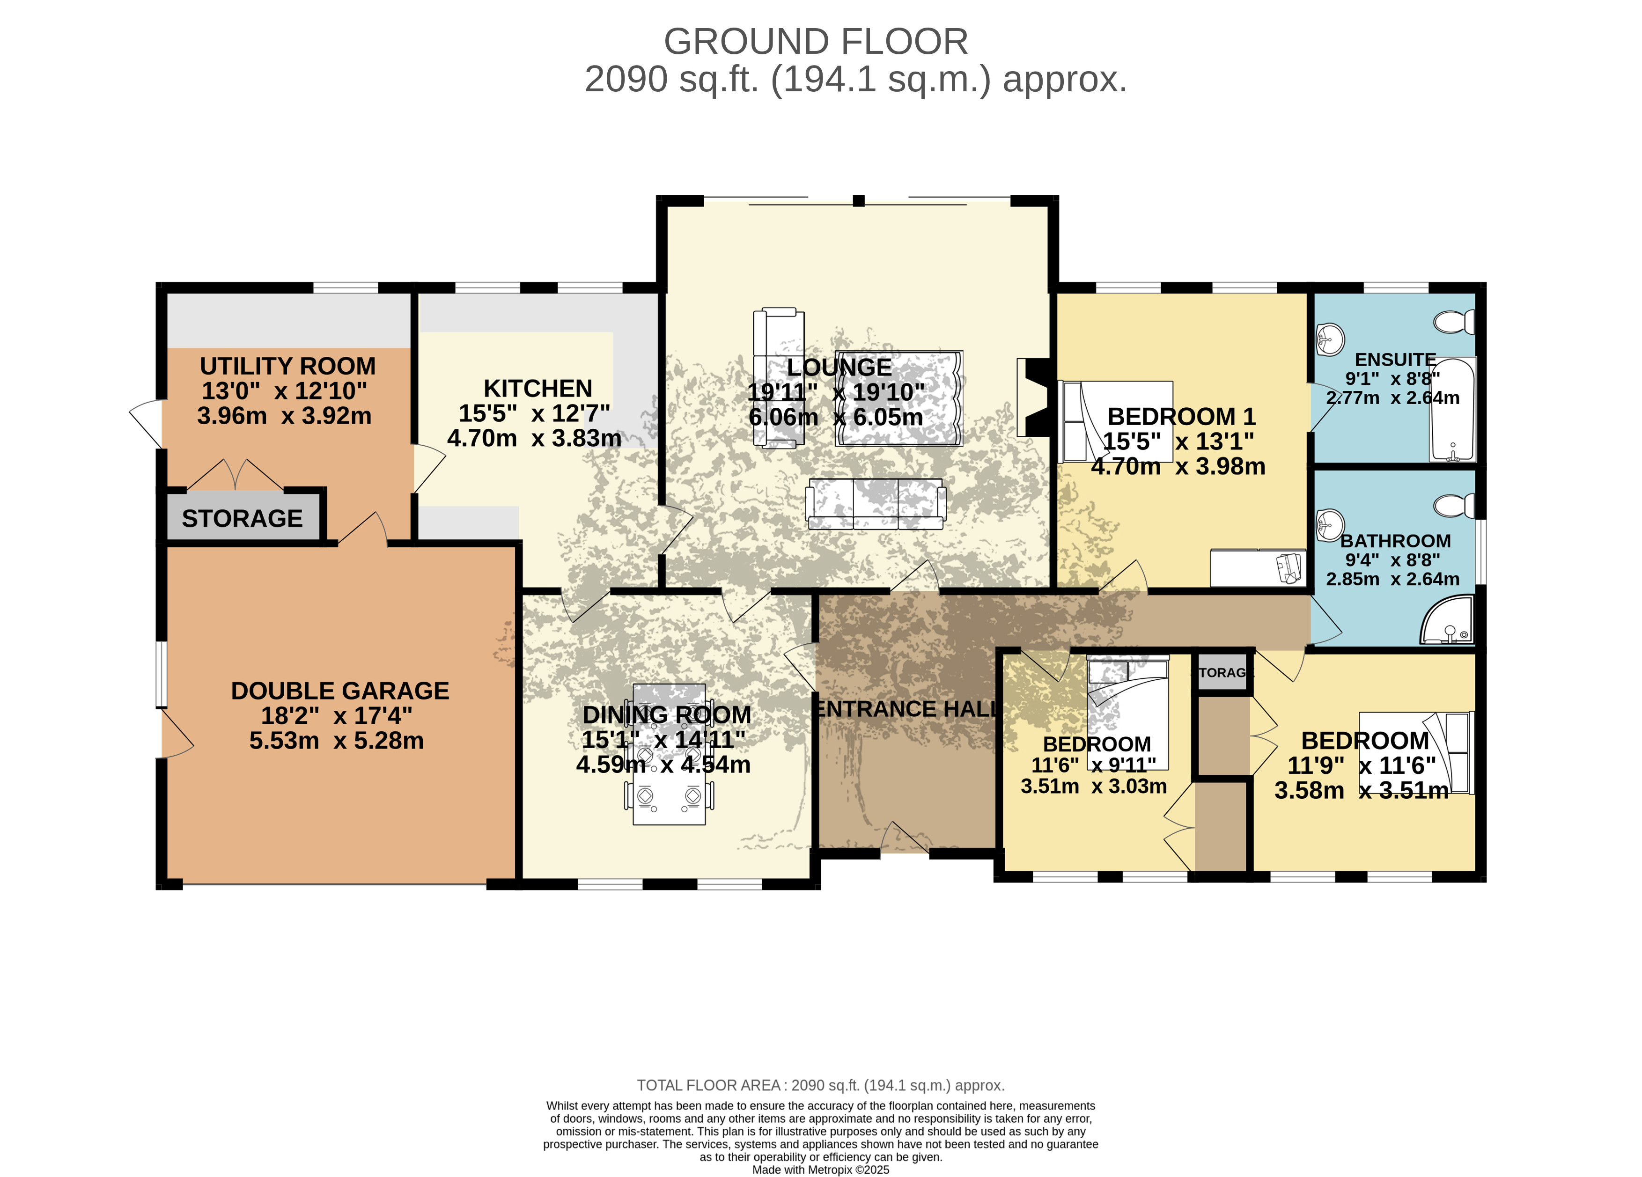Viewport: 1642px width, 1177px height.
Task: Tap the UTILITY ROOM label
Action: tap(287, 366)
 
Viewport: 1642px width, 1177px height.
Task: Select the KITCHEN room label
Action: tap(538, 389)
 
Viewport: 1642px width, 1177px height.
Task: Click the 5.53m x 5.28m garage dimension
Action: tap(337, 741)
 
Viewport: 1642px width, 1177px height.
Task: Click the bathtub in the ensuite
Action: tap(1452, 409)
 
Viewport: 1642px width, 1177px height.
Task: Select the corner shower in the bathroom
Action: tap(1447, 620)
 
